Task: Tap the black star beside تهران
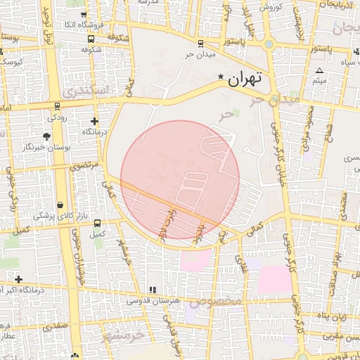click(221, 77)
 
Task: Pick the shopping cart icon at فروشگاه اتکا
click(84, 13)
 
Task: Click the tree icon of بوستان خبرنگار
click(47, 136)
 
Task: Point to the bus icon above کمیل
click(97, 222)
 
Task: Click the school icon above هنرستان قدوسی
click(152, 290)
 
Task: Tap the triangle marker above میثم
click(319, 71)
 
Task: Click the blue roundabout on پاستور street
click(269, 44)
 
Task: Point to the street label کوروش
click(271, 6)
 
